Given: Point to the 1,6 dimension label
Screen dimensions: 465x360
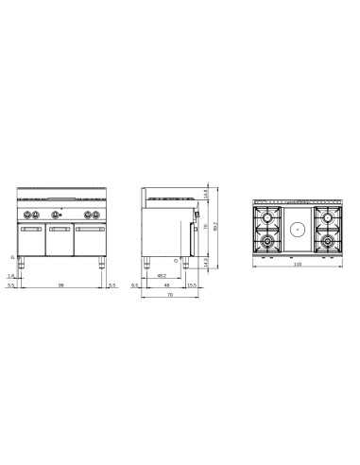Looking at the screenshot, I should point(10,276).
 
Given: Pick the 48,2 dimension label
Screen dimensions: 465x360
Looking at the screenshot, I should point(163,277).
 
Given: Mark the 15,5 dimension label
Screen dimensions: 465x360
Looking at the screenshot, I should point(191,285).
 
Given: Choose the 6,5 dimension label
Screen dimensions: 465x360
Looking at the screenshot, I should point(135,285).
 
